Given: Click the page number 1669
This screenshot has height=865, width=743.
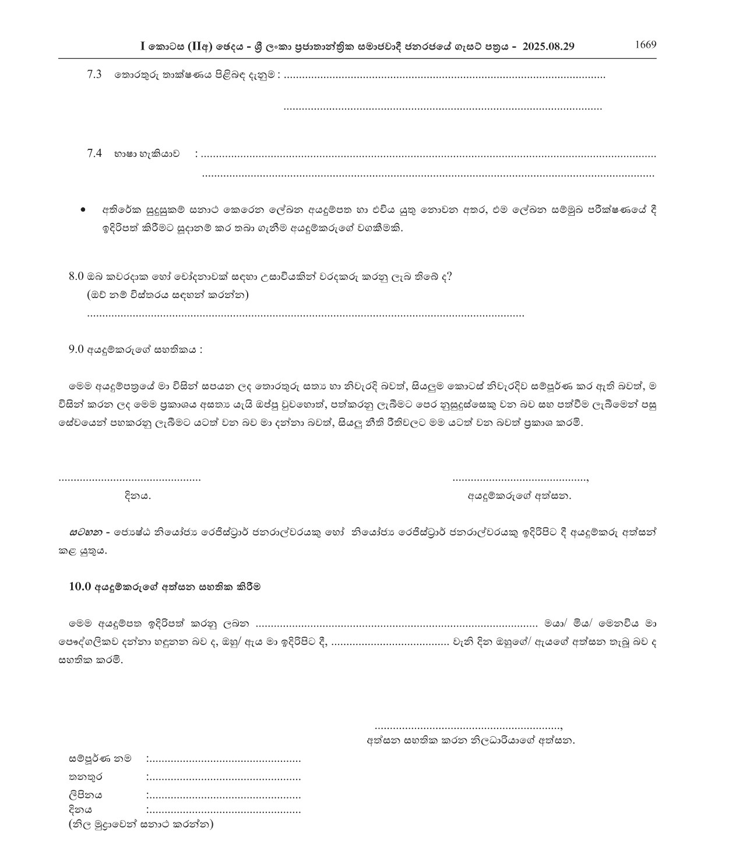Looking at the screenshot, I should [645, 45].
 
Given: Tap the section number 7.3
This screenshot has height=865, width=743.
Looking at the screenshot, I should [94, 74].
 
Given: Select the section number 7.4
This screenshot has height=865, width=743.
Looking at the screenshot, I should [94, 153].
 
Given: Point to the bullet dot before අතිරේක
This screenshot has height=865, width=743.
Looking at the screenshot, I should [85, 209].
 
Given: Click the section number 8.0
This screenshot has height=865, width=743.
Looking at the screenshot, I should [77, 276].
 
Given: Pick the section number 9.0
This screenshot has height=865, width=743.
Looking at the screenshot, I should [76, 349].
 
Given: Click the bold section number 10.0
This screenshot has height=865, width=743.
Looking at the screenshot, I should [79, 587].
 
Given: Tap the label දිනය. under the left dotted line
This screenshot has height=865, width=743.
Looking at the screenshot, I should [138, 496].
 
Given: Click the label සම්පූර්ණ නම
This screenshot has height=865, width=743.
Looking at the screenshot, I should [100, 759].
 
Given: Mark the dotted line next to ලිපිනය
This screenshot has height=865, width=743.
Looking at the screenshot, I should [224, 796].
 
